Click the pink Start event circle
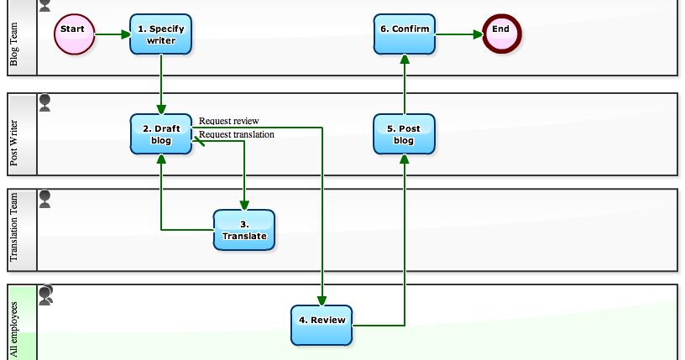click(x=74, y=34)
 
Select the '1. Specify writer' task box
click(x=160, y=34)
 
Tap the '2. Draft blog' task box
click(x=160, y=134)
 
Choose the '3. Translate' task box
click(x=244, y=230)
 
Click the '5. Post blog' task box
click(x=404, y=134)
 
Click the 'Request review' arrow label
click(x=228, y=121)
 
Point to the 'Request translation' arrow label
click(x=236, y=133)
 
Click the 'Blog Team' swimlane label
click(x=14, y=44)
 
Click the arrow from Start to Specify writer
click(x=112, y=34)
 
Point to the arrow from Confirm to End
click(x=459, y=34)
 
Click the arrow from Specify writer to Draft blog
click(x=160, y=84)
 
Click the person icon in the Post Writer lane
click(x=45, y=102)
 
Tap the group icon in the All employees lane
click(x=46, y=294)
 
